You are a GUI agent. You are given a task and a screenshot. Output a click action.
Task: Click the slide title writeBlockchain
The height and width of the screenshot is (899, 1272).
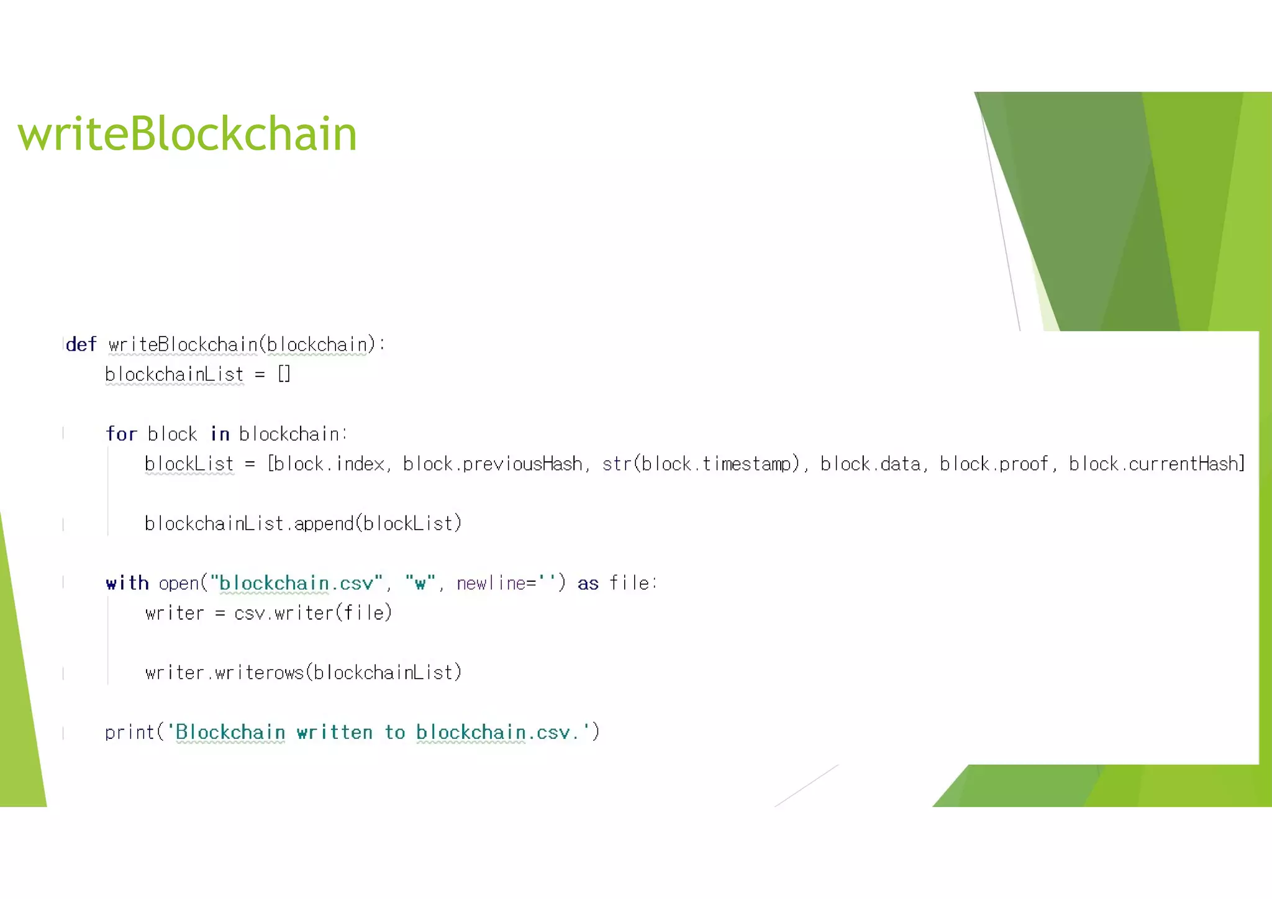pyautogui.click(x=188, y=134)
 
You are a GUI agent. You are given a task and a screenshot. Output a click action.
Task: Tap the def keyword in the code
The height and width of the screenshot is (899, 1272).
pyautogui.click(x=81, y=345)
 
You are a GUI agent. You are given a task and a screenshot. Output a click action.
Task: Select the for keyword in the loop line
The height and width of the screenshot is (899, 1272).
pyautogui.click(x=121, y=434)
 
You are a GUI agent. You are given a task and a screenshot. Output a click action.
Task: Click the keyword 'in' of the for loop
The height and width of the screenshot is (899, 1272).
pyautogui.click(x=220, y=434)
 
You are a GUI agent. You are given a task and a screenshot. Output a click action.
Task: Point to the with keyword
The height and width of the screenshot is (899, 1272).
pyautogui.click(x=127, y=583)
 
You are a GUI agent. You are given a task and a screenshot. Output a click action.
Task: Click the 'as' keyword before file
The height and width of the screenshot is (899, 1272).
pyautogui.click(x=588, y=584)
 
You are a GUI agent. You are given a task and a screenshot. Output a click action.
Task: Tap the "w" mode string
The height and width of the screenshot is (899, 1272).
pyautogui.click(x=420, y=583)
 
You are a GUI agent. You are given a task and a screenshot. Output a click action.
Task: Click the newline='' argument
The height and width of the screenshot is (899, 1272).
pyautogui.click(x=506, y=583)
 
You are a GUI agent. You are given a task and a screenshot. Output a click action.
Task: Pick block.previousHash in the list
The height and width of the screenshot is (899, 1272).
pyautogui.click(x=493, y=464)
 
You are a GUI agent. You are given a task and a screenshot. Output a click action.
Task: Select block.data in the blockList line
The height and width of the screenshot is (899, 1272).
pyautogui.click(x=870, y=464)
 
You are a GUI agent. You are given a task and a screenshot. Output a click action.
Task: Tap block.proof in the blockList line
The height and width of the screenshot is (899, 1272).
pyautogui.click(x=994, y=464)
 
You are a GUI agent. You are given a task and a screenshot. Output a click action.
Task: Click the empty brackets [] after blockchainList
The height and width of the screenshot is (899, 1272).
pyautogui.click(x=284, y=374)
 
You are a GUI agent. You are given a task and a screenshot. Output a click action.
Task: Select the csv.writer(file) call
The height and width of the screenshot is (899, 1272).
pyautogui.click(x=313, y=613)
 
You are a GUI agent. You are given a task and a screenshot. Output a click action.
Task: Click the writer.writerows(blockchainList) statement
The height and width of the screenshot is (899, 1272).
pyautogui.click(x=303, y=672)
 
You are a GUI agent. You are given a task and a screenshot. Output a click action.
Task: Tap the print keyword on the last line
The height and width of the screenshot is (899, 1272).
pyautogui.click(x=129, y=733)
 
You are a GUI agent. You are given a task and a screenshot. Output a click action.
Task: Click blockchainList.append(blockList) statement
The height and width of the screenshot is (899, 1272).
pyautogui.click(x=303, y=523)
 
